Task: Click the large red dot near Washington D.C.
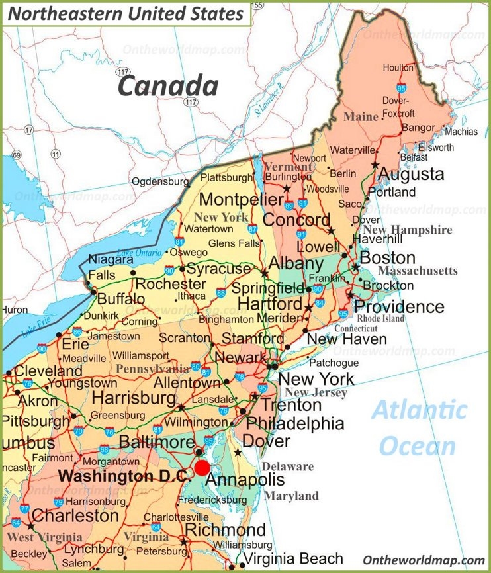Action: pos(202,468)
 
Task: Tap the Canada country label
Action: pos(168,86)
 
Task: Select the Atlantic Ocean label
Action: pos(418,428)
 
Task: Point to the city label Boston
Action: pos(387,258)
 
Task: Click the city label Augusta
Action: pos(411,175)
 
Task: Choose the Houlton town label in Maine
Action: pos(398,68)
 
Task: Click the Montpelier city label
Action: pos(242,200)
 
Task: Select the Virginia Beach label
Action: pos(292,558)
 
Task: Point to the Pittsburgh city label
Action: pos(34,421)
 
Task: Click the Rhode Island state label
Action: pos(380,318)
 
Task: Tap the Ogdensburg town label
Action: pos(160,181)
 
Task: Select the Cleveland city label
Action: pos(48,371)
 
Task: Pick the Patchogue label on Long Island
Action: pos(334,363)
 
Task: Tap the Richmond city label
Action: pos(225,530)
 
